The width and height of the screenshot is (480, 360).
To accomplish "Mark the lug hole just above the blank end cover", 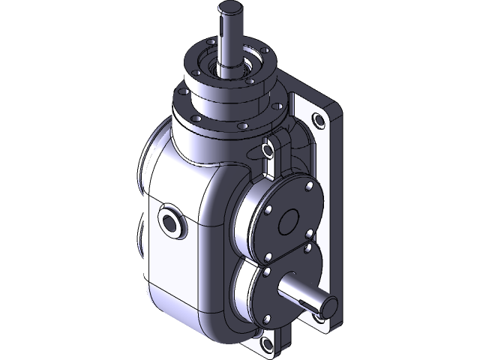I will pos(267,151).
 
